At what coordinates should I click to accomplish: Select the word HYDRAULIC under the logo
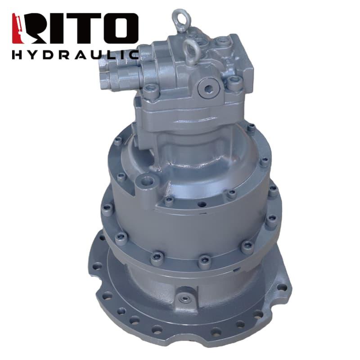[x=76, y=55]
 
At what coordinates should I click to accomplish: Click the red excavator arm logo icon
[x=18, y=28]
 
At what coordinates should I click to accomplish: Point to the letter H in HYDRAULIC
[x=17, y=55]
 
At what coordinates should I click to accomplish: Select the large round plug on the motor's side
[x=209, y=88]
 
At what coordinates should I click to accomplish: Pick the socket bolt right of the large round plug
[x=234, y=82]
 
